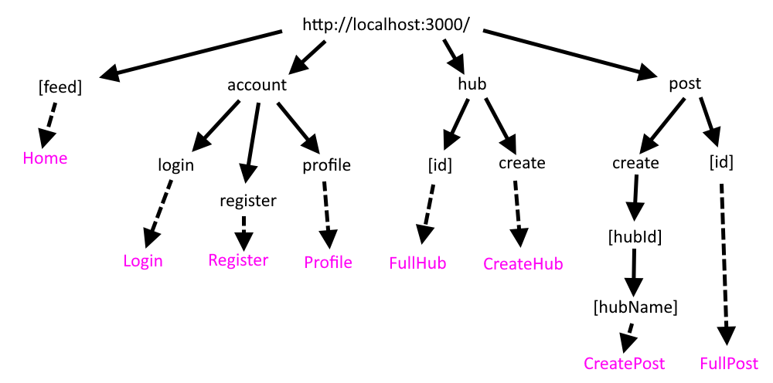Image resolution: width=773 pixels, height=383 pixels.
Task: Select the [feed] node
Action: point(60,87)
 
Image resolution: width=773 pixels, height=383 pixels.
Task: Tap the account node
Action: point(257,85)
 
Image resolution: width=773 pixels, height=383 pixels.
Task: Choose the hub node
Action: point(472,84)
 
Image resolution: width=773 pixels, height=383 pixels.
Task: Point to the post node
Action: point(685,84)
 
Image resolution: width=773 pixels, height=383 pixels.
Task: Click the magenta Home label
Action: point(45,158)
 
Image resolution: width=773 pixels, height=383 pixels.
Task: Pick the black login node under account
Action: point(176,164)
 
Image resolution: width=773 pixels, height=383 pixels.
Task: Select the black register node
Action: point(247,201)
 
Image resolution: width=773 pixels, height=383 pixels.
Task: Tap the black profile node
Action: point(326,164)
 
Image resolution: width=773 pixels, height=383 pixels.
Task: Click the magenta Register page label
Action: point(238,259)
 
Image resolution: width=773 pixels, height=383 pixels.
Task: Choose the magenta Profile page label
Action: point(328,263)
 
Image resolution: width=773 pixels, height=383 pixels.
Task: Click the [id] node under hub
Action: point(439,164)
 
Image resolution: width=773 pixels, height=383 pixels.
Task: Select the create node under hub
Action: point(522,163)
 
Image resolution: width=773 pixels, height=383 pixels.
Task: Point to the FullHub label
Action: point(417,263)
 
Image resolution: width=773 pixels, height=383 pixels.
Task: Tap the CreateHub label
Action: point(523,263)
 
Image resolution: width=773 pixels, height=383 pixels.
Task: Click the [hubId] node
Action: point(635,236)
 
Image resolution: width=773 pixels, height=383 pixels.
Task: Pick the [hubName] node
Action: point(635,307)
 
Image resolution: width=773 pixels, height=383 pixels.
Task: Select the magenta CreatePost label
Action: point(624,363)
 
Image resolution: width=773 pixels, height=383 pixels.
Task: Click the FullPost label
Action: point(729,363)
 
